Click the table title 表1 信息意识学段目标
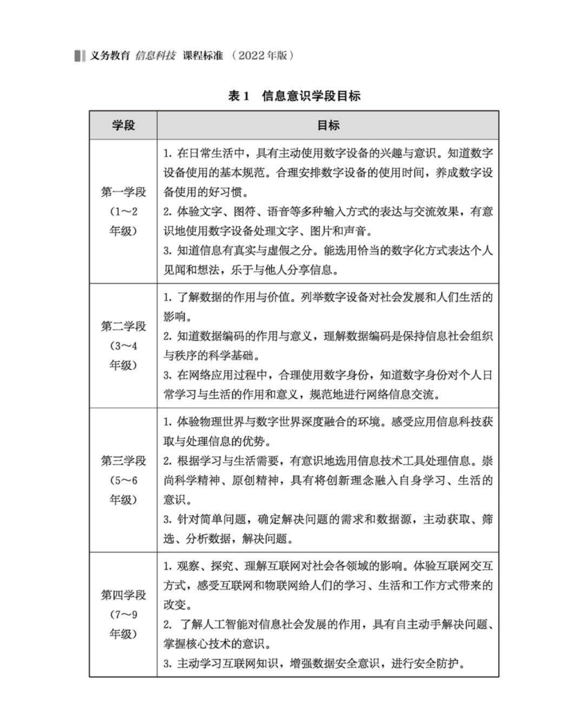pos(294,96)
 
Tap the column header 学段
pos(123,125)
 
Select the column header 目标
pos(328,125)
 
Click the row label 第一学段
pos(124,192)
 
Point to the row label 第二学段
pos(124,326)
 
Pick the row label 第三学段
pos(124,461)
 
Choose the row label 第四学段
pos(124,595)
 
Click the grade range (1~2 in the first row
pos(124,211)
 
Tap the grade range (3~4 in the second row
pos(124,346)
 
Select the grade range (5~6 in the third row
pos(124,480)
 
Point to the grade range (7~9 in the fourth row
pos(124,614)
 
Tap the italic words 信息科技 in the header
pos(156,55)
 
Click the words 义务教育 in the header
pos(109,55)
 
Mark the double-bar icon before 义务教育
pos(80,55)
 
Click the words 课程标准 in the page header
pos(203,55)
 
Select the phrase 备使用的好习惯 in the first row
pos(205,192)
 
